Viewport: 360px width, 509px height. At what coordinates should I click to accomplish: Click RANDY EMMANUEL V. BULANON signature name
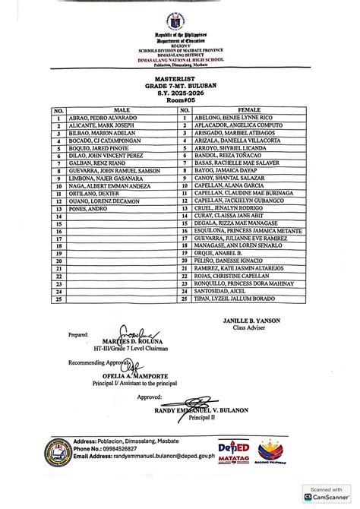click(x=182, y=404)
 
